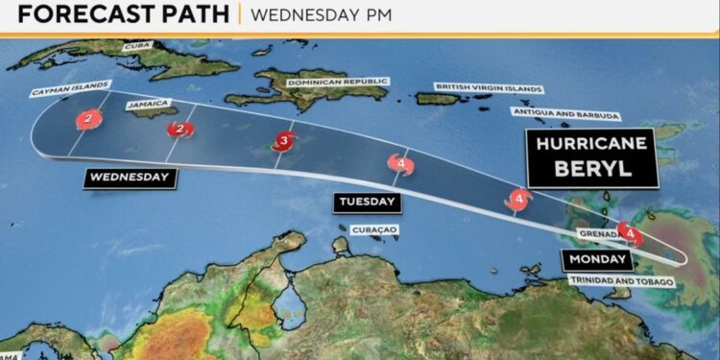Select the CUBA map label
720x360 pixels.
coord(138,46)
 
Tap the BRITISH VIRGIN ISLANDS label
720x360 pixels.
coord(488,87)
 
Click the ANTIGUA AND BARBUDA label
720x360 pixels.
coord(573,113)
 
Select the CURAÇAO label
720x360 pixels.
coord(375,229)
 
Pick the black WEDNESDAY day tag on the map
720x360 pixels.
coord(131,177)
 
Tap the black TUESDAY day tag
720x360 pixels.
coord(366,202)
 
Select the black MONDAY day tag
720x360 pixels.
coord(597,259)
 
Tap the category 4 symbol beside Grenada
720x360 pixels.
coord(629,231)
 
